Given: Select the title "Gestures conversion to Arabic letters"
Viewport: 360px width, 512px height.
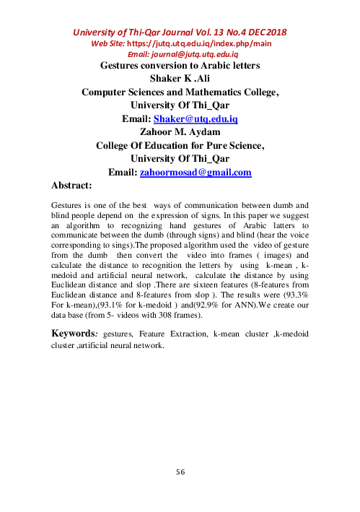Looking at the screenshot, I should (180, 66).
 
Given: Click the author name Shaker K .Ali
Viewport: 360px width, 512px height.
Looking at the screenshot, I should (180, 79).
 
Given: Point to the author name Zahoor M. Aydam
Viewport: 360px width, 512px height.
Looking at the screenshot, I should (180, 131).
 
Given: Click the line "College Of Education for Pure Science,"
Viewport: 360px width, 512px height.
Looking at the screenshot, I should (180, 145).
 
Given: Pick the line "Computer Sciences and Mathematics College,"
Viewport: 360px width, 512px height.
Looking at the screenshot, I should (180, 92).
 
